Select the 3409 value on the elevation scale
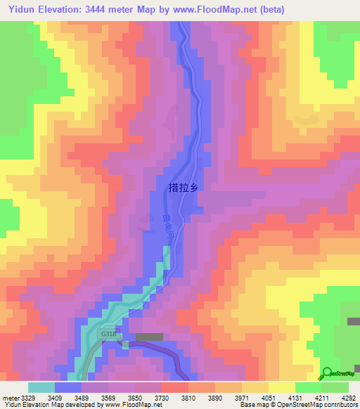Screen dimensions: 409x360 click(56, 397)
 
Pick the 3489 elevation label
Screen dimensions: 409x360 click(82, 397)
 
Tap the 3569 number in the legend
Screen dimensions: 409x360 click(109, 397)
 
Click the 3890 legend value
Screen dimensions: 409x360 click(216, 397)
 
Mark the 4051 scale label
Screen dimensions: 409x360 click(269, 397)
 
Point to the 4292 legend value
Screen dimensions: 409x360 click(349, 397)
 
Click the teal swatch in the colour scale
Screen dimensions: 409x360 click(41, 387)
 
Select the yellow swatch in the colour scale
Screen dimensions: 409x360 click(282, 387)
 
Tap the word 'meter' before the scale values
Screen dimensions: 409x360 click(10, 397)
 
